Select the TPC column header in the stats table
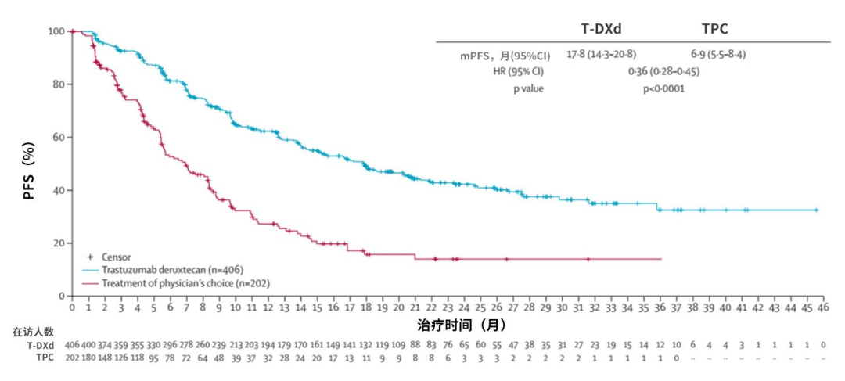click(715, 29)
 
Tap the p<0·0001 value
click(663, 88)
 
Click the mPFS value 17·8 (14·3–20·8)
click(601, 55)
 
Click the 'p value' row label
click(528, 88)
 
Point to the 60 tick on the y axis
click(58, 137)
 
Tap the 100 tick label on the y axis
click(55, 31)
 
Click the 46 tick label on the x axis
click(823, 308)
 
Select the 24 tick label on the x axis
click(464, 308)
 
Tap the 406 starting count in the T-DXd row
click(72, 344)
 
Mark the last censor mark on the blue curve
click(816, 210)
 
